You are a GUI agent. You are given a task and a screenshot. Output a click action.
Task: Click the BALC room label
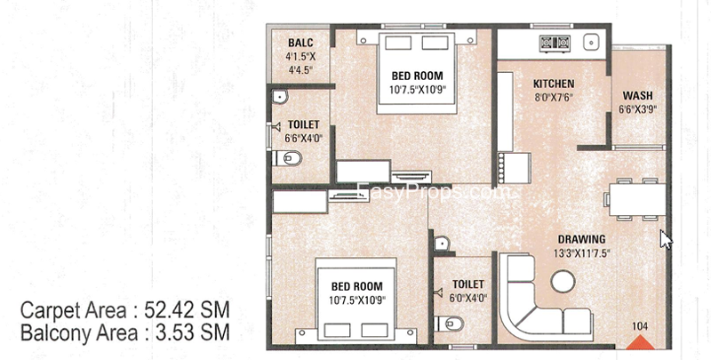pyautogui.click(x=300, y=43)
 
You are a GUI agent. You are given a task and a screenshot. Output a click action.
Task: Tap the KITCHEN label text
pyautogui.click(x=554, y=84)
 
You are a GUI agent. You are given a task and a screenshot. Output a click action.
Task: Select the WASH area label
pyautogui.click(x=637, y=96)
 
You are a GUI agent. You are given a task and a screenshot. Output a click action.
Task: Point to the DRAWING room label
pyautogui.click(x=582, y=239)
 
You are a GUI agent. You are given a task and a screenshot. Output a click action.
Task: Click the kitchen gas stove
pyautogui.click(x=555, y=43)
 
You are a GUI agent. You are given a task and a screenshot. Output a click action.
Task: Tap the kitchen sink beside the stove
pyautogui.click(x=591, y=42)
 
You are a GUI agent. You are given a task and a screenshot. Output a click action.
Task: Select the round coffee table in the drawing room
pyautogui.click(x=563, y=281)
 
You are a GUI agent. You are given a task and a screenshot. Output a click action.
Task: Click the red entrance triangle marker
pyautogui.click(x=641, y=342)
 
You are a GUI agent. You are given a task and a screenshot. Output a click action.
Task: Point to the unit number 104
pyautogui.click(x=640, y=326)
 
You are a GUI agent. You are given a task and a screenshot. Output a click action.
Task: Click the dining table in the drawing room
pyautogui.click(x=637, y=199)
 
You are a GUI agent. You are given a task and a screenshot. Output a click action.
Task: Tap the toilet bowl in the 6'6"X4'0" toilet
pyautogui.click(x=287, y=158)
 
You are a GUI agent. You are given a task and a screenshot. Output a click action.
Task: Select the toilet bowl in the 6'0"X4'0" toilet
pyautogui.click(x=449, y=324)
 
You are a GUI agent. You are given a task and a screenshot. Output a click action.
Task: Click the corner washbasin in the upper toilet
pyautogui.click(x=279, y=97)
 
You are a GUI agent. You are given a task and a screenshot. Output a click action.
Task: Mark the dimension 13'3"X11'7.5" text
pyautogui.click(x=581, y=253)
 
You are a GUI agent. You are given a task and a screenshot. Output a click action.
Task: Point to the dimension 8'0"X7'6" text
pyautogui.click(x=553, y=97)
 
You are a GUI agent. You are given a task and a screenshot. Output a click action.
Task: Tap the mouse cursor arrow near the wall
pyautogui.click(x=665, y=239)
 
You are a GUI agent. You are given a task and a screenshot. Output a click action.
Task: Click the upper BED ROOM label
pyautogui.click(x=417, y=76)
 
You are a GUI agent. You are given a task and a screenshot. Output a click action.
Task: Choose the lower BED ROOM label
pyautogui.click(x=357, y=286)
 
